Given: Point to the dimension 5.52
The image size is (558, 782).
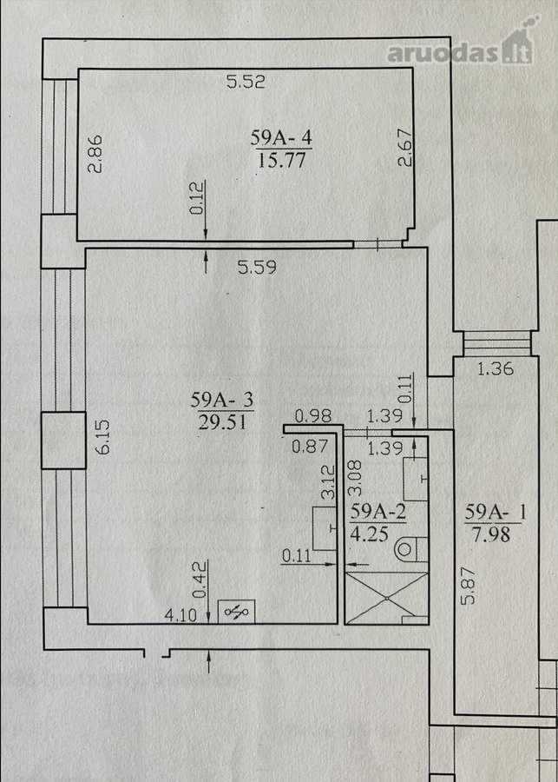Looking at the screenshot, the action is [x=246, y=82].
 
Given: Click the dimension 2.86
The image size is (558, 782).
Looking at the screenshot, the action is [x=95, y=153].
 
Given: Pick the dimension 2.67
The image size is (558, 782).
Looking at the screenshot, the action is [x=406, y=147].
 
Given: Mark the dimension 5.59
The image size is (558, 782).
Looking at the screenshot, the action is [x=257, y=268].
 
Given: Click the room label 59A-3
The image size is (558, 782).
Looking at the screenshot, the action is [x=222, y=400].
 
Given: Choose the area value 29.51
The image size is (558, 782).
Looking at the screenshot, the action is [x=222, y=423].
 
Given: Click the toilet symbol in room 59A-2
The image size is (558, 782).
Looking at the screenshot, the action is [x=411, y=549].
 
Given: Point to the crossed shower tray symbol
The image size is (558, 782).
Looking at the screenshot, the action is [x=387, y=598].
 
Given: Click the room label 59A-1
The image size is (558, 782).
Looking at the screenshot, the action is [x=495, y=513].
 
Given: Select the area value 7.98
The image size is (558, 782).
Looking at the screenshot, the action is [x=490, y=535].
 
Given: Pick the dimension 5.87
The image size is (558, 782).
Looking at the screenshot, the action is [x=469, y=586].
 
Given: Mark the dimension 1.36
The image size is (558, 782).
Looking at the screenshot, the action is [x=496, y=369].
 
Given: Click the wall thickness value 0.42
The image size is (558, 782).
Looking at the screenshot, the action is [x=199, y=580].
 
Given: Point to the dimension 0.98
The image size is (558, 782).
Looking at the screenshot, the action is [x=313, y=415].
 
